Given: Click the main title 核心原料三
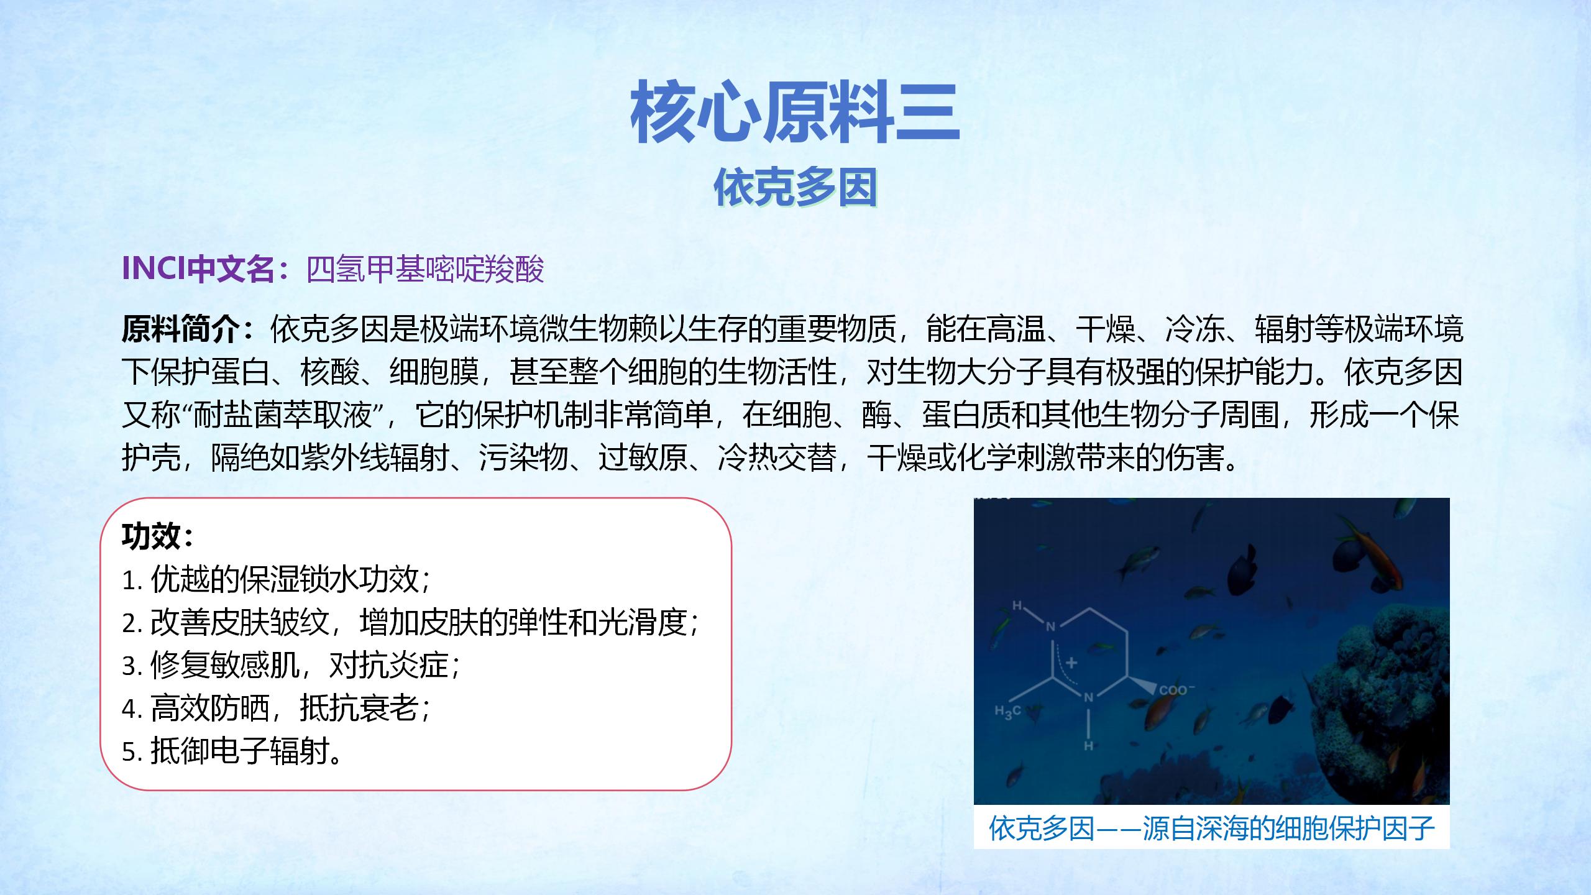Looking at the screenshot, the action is [x=795, y=112].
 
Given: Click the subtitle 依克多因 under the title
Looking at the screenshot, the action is [x=795, y=186].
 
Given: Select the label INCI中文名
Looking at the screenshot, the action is [x=198, y=268].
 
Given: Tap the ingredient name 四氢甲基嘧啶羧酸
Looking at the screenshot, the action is [x=425, y=268].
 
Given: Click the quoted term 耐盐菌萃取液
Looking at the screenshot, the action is [x=283, y=415].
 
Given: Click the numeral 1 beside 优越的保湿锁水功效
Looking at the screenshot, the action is [x=129, y=581].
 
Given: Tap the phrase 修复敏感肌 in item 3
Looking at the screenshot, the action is [x=224, y=665].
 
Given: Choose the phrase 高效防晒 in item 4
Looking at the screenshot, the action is [x=209, y=708].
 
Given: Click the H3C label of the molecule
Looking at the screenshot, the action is [x=1007, y=712].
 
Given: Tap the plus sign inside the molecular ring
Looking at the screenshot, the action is [x=1071, y=663].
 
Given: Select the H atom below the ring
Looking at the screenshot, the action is [x=1088, y=745].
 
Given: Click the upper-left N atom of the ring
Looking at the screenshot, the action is [x=1051, y=626].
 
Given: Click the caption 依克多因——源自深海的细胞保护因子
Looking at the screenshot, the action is [x=1212, y=828].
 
